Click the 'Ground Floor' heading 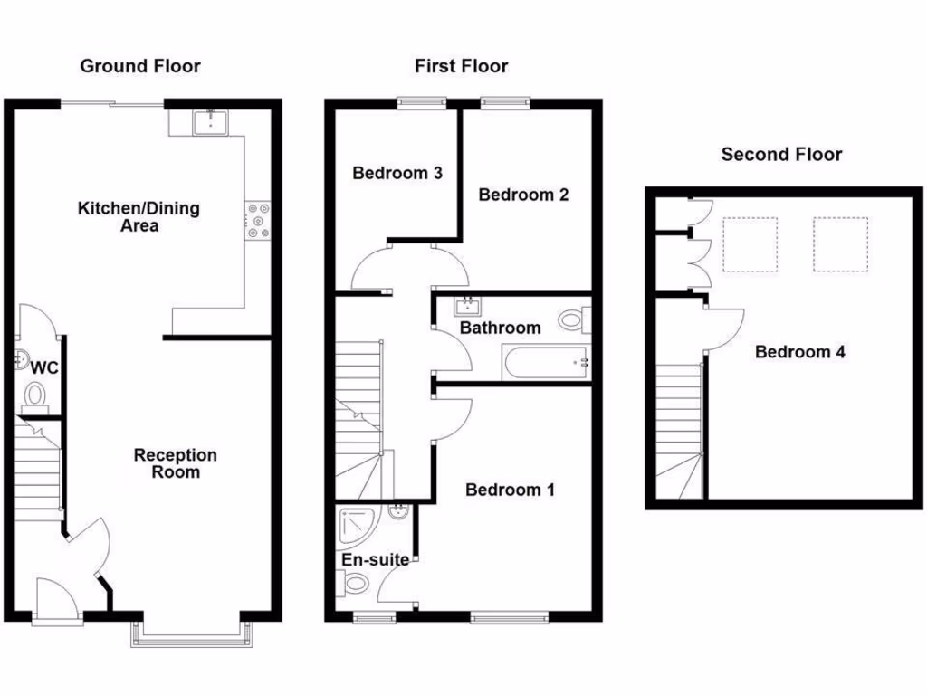(x=140, y=66)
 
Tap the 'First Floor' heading (x=461, y=66)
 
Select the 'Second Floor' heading (x=781, y=155)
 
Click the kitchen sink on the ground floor (x=211, y=121)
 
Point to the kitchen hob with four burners (x=258, y=219)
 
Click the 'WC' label (x=44, y=368)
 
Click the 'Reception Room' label (x=176, y=463)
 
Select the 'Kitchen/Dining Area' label (x=139, y=216)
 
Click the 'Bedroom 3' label (x=397, y=173)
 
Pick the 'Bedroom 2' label (x=523, y=195)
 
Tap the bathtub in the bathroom (x=543, y=363)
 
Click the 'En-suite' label (x=375, y=560)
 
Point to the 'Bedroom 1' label (x=510, y=490)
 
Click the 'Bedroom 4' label (x=800, y=352)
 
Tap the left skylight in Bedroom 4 (x=750, y=243)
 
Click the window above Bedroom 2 (x=504, y=102)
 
